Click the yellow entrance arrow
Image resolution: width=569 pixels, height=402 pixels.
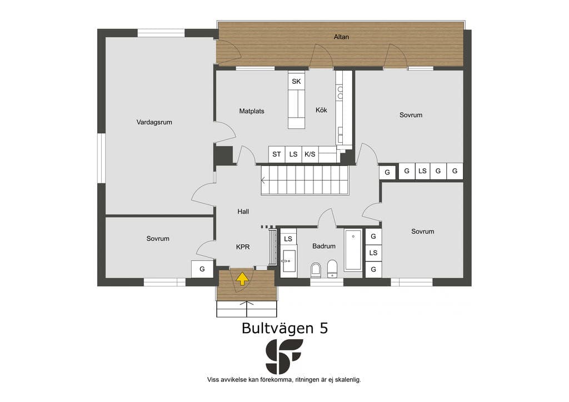[x=242, y=279]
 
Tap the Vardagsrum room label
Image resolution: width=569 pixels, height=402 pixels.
[x=154, y=122]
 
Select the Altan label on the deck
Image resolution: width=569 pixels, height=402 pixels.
[x=341, y=37]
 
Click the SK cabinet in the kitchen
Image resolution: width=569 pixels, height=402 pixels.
[x=296, y=81]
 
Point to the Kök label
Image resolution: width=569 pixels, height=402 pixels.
[x=321, y=110]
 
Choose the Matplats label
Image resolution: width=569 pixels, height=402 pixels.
[x=252, y=111]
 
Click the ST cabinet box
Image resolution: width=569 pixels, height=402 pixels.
[x=277, y=154]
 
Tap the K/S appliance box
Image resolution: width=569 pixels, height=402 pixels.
[x=310, y=154]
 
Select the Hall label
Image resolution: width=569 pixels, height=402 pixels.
[x=243, y=212]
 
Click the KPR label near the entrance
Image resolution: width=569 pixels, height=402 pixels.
[x=243, y=247]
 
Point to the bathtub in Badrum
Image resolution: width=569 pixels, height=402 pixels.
[x=353, y=250]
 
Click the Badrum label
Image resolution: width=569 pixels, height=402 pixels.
[x=324, y=246]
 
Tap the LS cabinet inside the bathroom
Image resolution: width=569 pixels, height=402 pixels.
[x=288, y=239]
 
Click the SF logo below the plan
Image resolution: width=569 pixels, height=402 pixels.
[x=284, y=356]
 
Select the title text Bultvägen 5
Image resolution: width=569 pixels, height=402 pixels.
[x=285, y=328]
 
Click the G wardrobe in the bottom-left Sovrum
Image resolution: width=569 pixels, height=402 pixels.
[x=202, y=269]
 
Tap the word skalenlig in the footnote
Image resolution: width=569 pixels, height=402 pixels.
[x=348, y=380]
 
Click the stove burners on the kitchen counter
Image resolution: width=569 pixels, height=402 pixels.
[x=340, y=92]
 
